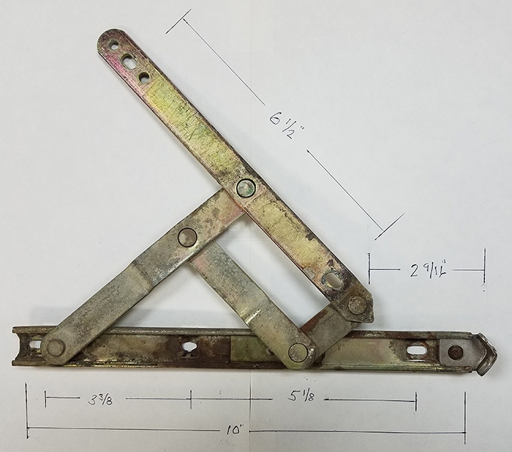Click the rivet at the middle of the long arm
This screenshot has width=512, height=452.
pos(245,188)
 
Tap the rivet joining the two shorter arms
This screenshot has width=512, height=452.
pos(187,237)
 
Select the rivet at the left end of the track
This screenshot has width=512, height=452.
pos(55,348)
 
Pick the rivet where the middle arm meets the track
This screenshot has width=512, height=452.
pos(299,352)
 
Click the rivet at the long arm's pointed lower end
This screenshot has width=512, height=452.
pos(357,306)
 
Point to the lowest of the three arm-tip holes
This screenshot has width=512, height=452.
pos(145,77)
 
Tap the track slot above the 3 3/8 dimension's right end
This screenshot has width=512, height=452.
pos(189,347)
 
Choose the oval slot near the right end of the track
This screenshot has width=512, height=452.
pos(417,350)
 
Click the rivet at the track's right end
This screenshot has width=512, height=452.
pos(456,352)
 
